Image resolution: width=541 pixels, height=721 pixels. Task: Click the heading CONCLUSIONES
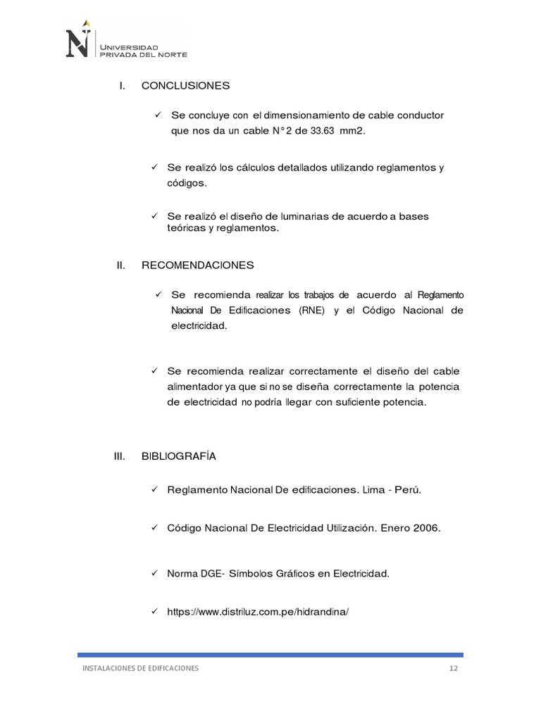pos(185,86)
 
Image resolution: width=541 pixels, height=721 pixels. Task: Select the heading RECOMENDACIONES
pos(197,265)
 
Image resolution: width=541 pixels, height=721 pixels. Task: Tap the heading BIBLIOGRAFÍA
pos(179,456)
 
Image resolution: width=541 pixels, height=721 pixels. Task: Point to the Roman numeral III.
pos(119,456)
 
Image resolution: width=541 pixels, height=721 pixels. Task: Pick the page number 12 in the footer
pos(454,668)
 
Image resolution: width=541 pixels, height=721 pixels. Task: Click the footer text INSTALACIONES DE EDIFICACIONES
pos(138,668)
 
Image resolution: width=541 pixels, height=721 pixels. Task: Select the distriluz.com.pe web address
pos(258,612)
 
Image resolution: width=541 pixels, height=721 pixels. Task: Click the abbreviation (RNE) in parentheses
pos(311,311)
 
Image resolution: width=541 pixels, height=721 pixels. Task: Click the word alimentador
pos(197,387)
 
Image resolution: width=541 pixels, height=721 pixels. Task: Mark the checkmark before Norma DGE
pos(154,573)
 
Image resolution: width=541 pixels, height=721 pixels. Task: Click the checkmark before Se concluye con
pos(158,114)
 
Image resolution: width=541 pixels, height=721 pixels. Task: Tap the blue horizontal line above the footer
pos(270,654)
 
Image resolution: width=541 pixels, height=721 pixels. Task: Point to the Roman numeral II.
pos(120,265)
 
